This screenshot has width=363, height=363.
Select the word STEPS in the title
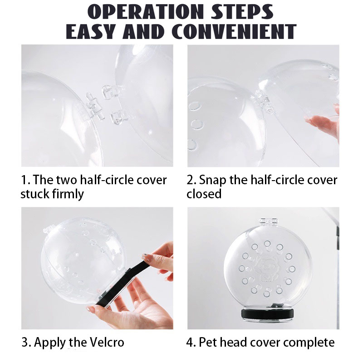242,12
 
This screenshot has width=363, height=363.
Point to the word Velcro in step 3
107,342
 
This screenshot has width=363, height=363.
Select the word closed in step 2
204,194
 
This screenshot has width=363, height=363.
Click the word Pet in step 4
208,342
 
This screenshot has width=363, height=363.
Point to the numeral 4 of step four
190,343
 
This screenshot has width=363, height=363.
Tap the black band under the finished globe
268,314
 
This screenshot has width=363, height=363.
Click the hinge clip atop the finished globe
268,221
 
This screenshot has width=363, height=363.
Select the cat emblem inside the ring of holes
267,268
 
